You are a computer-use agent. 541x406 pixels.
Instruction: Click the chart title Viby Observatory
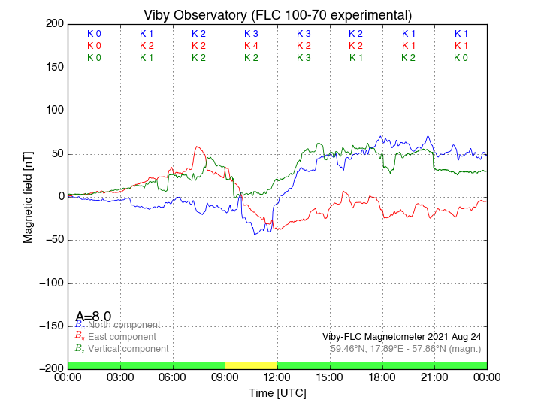tap(277, 14)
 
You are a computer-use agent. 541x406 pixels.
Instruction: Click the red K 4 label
tap(251, 45)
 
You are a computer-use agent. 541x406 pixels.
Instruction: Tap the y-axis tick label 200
tap(54, 24)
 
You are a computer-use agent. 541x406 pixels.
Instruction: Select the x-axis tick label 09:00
tap(225, 377)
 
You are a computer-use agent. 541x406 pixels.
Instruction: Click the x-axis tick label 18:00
tap(382, 377)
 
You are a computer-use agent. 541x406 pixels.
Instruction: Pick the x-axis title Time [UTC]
tap(277, 393)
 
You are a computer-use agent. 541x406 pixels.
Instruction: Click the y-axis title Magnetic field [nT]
tap(28, 196)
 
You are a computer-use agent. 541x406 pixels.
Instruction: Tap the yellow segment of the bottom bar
tap(251, 365)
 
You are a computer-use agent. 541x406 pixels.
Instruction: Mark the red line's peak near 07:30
tap(198, 147)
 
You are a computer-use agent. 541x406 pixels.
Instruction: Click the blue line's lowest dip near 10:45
tap(255, 235)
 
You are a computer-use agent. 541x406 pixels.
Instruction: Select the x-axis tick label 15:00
tap(330, 377)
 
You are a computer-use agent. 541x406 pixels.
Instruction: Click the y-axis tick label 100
tap(54, 111)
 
